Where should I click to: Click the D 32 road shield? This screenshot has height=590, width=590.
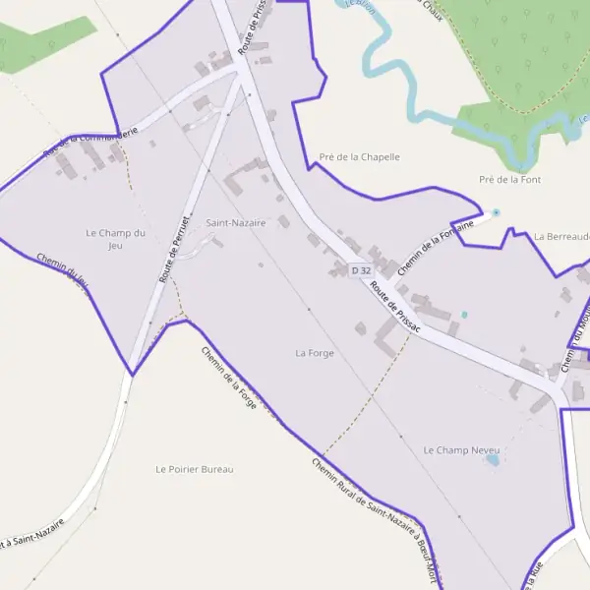pyautogui.click(x=361, y=270)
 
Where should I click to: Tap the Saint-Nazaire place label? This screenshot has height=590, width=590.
pyautogui.click(x=236, y=223)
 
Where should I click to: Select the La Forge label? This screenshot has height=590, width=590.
pyautogui.click(x=315, y=352)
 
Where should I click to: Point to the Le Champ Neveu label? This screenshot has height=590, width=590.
pyautogui.click(x=461, y=449)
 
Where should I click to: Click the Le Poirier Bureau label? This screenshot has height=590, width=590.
pyautogui.click(x=195, y=469)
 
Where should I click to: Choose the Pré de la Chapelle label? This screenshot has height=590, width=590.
pyautogui.click(x=359, y=156)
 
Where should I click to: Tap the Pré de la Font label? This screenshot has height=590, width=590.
pyautogui.click(x=509, y=180)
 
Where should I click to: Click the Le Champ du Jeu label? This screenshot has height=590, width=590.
pyautogui.click(x=115, y=239)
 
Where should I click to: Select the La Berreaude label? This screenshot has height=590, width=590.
pyautogui.click(x=561, y=237)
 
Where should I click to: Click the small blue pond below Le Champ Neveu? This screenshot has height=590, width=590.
pyautogui.click(x=493, y=459)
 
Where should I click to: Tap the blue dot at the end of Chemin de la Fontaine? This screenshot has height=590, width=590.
pyautogui.click(x=496, y=212)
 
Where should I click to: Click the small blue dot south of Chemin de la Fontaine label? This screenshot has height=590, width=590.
pyautogui.click(x=464, y=315)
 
